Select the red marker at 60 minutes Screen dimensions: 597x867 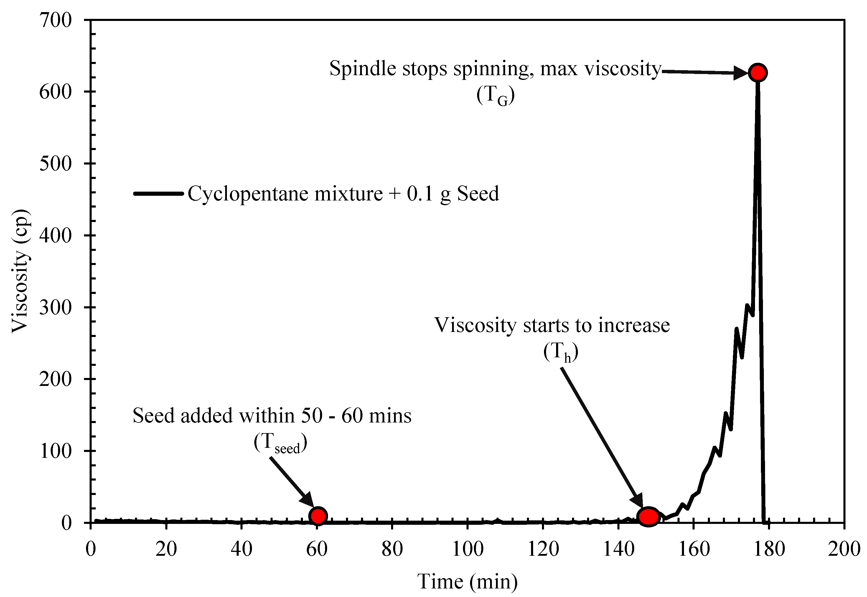coord(318,516)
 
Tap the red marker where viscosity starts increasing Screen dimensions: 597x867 coord(648,517)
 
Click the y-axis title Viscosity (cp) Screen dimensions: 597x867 coord(20,271)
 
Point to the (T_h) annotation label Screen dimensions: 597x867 coord(561,352)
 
